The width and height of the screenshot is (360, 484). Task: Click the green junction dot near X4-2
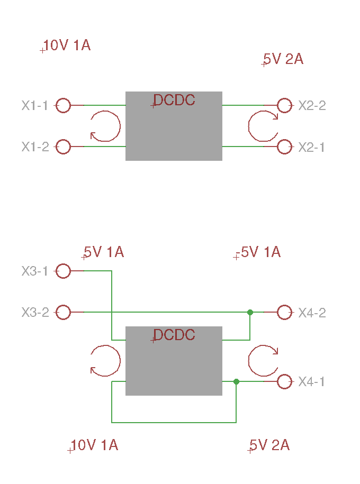pos(250,313)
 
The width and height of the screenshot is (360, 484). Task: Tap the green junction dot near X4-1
pos(237,381)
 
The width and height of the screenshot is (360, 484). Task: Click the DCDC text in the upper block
pos(174,100)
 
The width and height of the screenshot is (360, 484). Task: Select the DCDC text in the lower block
pos(174,335)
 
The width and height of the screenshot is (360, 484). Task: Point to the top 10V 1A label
pos(67,45)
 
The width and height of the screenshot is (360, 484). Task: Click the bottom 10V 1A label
pos(95,445)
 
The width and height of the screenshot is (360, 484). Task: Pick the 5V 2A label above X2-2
pos(283,59)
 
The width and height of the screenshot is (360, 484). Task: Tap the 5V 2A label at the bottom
pos(269,445)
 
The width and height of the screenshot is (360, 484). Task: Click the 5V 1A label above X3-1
pos(104,252)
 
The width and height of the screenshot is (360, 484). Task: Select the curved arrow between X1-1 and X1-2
pos(120,126)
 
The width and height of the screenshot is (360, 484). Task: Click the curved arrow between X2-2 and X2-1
pos(249,126)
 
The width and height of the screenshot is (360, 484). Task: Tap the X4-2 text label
pos(312,313)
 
